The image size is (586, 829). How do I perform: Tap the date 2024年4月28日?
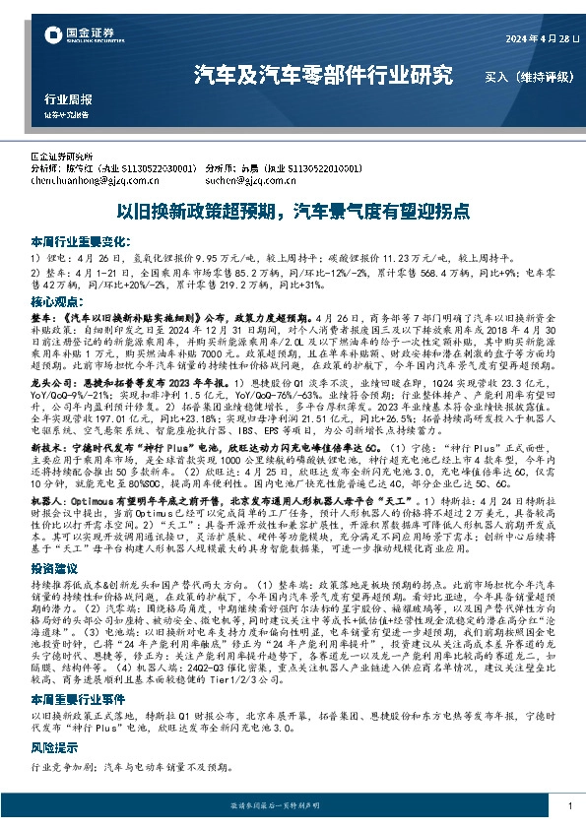point(515,40)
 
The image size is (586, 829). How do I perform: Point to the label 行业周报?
point(68,100)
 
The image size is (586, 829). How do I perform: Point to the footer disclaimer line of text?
point(293,805)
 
